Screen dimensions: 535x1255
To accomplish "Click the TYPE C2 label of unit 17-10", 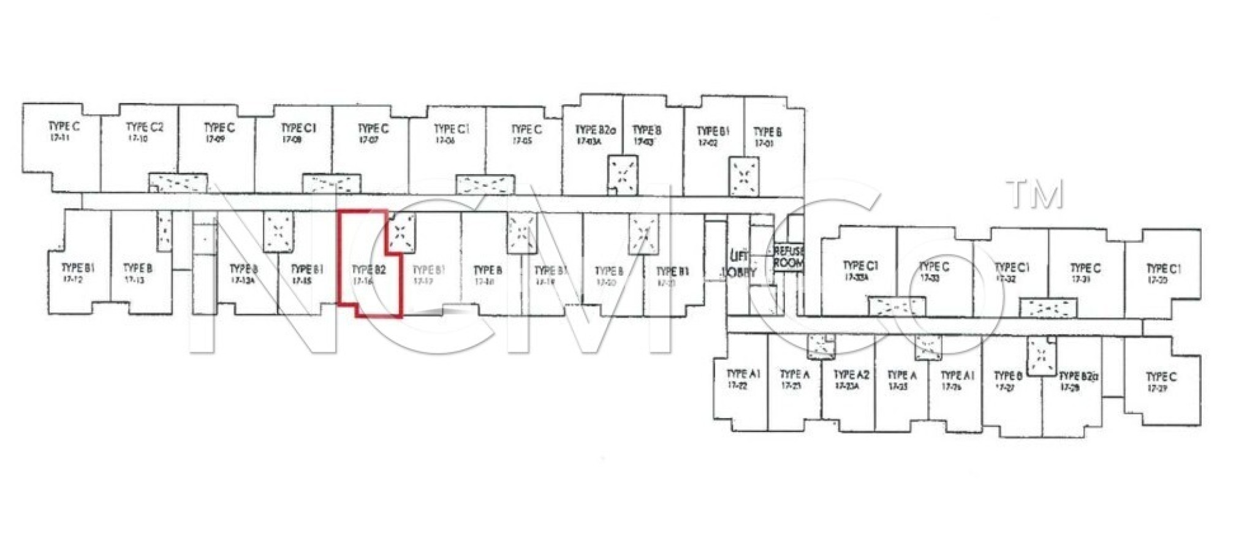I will (x=145, y=127).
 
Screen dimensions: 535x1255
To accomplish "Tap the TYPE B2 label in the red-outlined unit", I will (x=369, y=270).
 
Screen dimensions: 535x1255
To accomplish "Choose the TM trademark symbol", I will (x=1034, y=194).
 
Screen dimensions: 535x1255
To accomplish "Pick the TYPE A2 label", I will (x=851, y=374).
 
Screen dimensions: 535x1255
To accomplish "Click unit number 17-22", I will (x=737, y=385).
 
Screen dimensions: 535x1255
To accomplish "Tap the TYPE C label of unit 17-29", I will (x=1161, y=376).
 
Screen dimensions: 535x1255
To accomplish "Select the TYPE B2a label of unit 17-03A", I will (x=594, y=130).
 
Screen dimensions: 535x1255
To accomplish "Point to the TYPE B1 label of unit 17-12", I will (x=78, y=268).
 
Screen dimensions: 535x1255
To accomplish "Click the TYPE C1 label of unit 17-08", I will (x=298, y=128).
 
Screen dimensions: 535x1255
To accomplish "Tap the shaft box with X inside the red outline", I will (x=401, y=232).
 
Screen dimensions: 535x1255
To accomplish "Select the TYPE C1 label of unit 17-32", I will (x=1012, y=267).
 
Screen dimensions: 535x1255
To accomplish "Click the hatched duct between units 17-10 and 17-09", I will (x=178, y=182).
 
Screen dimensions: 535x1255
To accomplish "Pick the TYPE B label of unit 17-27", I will (x=1008, y=375).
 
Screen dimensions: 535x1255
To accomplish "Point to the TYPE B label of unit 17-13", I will (x=138, y=268).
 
